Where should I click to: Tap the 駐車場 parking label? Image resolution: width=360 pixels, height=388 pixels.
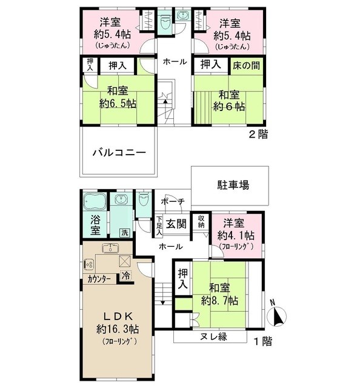[x=234, y=185]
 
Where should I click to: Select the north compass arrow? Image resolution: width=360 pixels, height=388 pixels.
[x=279, y=315]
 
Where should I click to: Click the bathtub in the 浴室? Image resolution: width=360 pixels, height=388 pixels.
[x=95, y=201]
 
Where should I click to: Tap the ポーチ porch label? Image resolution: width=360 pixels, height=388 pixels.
[x=173, y=202]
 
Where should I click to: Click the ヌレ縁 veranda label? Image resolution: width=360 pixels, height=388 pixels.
[x=210, y=337]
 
